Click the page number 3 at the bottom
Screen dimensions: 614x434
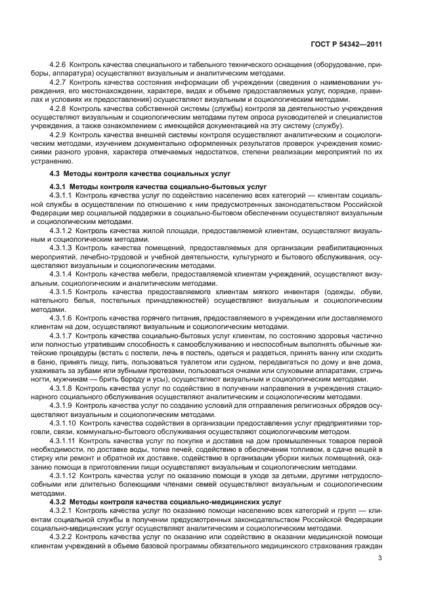tap(380, 558)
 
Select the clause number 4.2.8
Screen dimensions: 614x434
tap(58, 106)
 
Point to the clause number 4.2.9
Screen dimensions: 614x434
tap(58, 135)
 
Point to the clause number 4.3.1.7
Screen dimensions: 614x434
tap(62, 334)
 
